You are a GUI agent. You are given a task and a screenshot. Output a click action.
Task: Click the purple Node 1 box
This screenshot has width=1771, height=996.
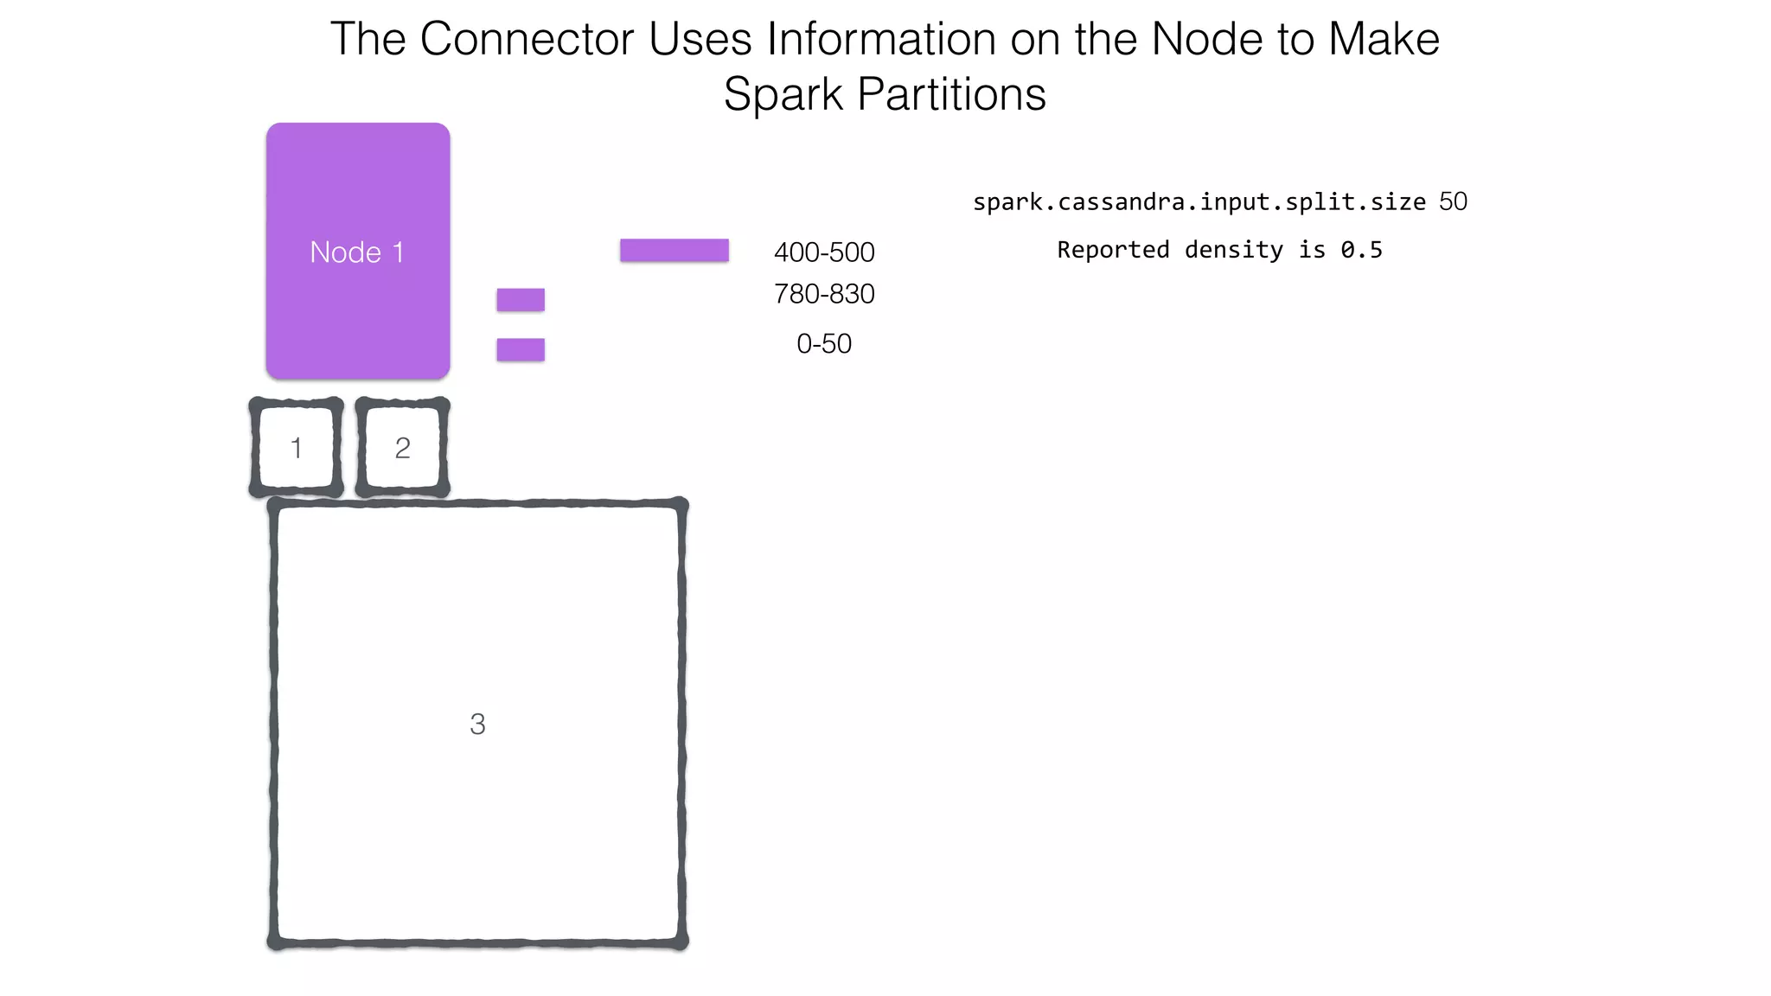click(x=358, y=251)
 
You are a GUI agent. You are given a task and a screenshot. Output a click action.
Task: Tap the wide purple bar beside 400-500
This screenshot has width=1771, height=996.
click(x=675, y=250)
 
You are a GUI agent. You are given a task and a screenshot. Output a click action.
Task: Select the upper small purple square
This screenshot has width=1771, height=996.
click(x=521, y=300)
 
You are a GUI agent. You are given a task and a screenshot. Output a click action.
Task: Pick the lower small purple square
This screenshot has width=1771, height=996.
click(x=521, y=349)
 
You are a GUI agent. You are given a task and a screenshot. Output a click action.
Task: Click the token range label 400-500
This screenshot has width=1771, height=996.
click(x=824, y=252)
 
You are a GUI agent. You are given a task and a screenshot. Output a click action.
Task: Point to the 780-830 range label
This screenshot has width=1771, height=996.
click(x=824, y=294)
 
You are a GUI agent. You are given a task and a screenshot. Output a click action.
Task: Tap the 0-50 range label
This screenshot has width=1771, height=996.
click(x=824, y=344)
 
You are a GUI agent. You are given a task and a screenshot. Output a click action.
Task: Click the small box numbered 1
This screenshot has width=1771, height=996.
click(x=297, y=448)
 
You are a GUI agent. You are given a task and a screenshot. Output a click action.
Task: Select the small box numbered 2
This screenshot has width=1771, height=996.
click(x=402, y=448)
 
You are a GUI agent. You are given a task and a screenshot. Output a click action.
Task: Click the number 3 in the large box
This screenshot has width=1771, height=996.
click(x=477, y=724)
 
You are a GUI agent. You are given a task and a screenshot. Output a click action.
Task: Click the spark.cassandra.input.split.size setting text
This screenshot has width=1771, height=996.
click(x=1199, y=202)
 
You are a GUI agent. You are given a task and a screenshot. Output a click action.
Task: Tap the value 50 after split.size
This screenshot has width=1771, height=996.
click(x=1454, y=201)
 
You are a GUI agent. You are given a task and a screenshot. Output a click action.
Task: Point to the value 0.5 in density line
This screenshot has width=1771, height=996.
click(x=1362, y=250)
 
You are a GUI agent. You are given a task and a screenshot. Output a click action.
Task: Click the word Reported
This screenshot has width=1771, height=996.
click(x=1113, y=250)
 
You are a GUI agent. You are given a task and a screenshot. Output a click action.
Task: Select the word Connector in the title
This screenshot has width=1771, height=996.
click(x=527, y=40)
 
